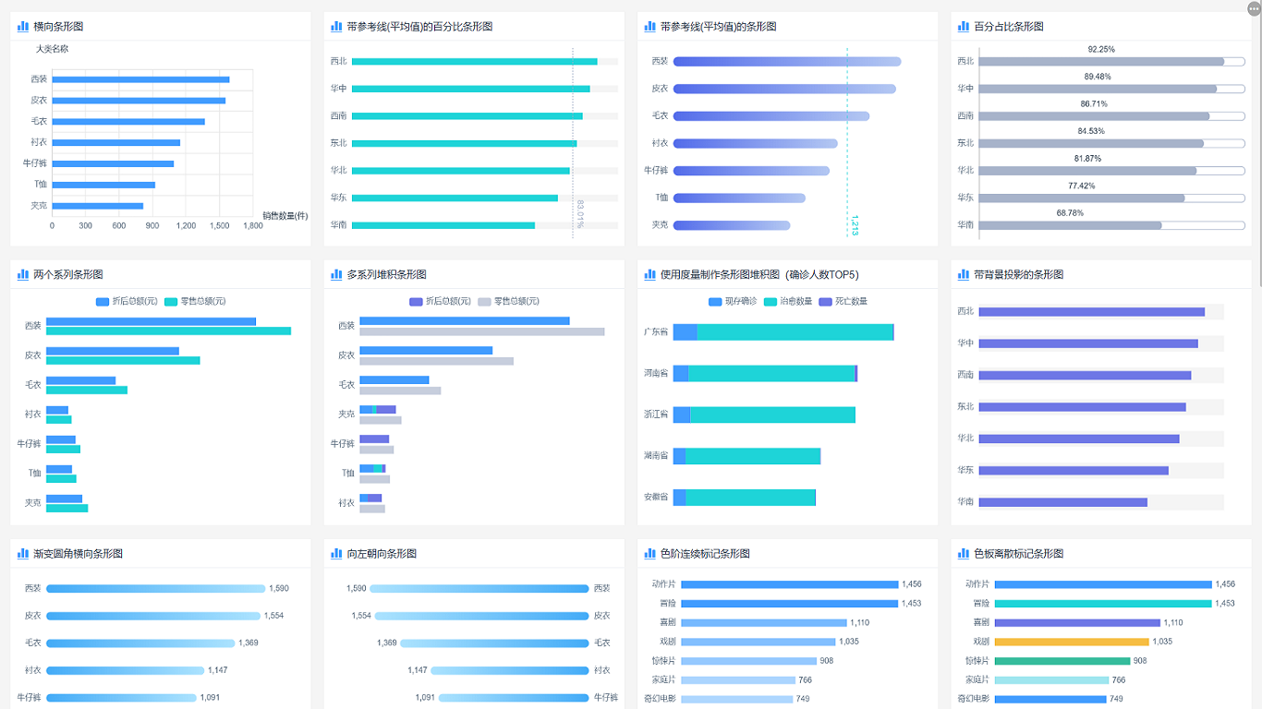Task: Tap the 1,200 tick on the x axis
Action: pos(186,225)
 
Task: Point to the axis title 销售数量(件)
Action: pos(285,216)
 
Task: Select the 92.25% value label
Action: pos(1101,49)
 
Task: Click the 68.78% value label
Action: pos(1070,212)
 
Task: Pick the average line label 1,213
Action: pos(855,225)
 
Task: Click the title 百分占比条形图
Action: pos(1009,27)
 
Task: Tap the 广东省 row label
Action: pos(656,332)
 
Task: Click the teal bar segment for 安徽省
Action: pos(750,498)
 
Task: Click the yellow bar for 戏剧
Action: pos(1072,642)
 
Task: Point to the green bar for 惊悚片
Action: pos(1062,661)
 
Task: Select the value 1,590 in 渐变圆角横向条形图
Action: pos(279,588)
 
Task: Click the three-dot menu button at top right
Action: pos(1253,9)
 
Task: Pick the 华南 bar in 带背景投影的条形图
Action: pos(1062,502)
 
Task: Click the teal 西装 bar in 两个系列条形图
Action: pos(168,330)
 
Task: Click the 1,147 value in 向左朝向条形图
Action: pos(418,670)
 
